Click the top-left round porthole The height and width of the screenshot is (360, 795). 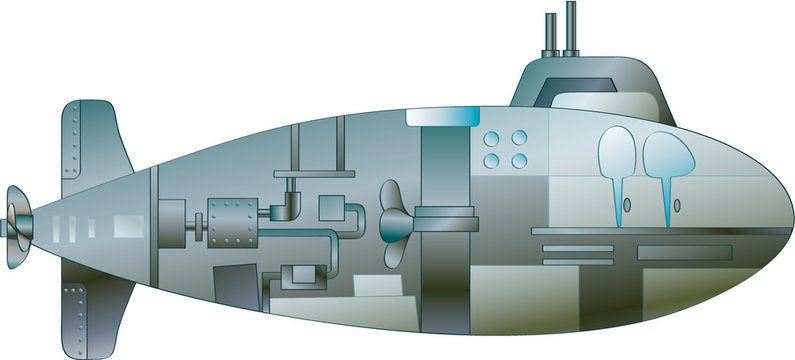[x=492, y=139]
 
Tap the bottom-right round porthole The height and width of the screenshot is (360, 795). [x=519, y=160]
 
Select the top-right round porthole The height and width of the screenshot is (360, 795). [x=519, y=139]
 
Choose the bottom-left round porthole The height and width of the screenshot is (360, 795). [x=492, y=160]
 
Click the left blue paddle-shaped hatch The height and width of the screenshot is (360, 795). [x=617, y=160]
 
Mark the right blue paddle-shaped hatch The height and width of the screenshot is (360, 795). [x=662, y=160]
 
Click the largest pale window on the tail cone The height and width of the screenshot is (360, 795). [x=127, y=227]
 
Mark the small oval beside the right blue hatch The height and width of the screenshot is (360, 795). [x=679, y=206]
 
